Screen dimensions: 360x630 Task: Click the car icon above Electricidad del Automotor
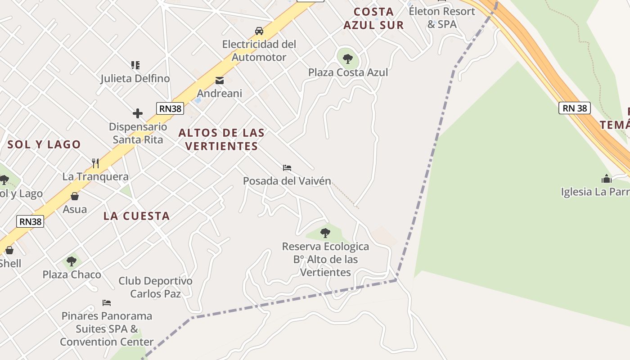259,31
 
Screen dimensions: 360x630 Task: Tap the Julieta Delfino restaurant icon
135,65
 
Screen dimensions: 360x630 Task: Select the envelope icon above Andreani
220,81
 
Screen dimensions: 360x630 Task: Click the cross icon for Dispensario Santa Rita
138,113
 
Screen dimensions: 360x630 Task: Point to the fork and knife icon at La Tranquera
95,163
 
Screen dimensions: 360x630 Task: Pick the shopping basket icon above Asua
75,196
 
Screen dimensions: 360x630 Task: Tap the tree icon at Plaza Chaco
72,261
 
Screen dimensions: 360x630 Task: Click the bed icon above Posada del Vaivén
287,168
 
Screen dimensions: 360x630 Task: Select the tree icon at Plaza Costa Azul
347,58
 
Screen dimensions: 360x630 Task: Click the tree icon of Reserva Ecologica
325,233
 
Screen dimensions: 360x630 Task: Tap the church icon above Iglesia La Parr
607,179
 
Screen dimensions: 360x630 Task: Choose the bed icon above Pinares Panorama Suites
107,302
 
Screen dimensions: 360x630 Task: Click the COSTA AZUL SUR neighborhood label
373,18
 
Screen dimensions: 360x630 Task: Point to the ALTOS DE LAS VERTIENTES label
221,139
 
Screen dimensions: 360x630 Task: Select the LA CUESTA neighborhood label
136,216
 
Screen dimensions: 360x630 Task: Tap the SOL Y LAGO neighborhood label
44,144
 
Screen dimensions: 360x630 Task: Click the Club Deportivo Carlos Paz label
155,287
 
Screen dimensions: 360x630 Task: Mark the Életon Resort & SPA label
442,18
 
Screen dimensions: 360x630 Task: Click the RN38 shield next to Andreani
170,108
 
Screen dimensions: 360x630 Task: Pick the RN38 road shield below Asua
31,221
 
